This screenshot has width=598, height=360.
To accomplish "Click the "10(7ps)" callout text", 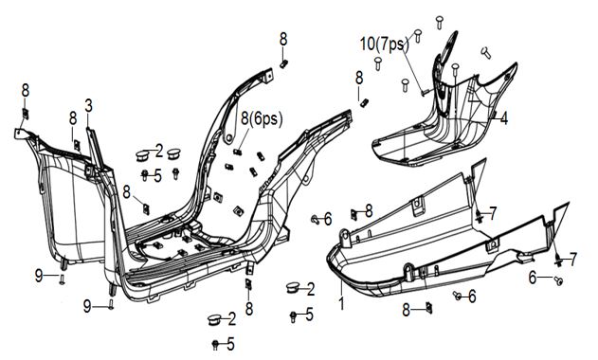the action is click(x=385, y=45).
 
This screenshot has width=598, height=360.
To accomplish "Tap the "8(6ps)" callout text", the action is click(x=262, y=119).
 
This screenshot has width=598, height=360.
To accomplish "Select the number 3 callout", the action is click(x=88, y=106).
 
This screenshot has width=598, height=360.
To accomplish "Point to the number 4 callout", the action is click(x=504, y=118).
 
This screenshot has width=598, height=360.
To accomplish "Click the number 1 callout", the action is click(x=342, y=303).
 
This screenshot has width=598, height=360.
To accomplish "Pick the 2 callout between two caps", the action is click(x=159, y=152).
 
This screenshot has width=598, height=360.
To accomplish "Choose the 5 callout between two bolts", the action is click(x=157, y=176).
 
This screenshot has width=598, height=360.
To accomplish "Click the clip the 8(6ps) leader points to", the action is click(x=237, y=152).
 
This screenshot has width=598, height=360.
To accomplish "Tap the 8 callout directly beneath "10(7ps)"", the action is click(x=359, y=78).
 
